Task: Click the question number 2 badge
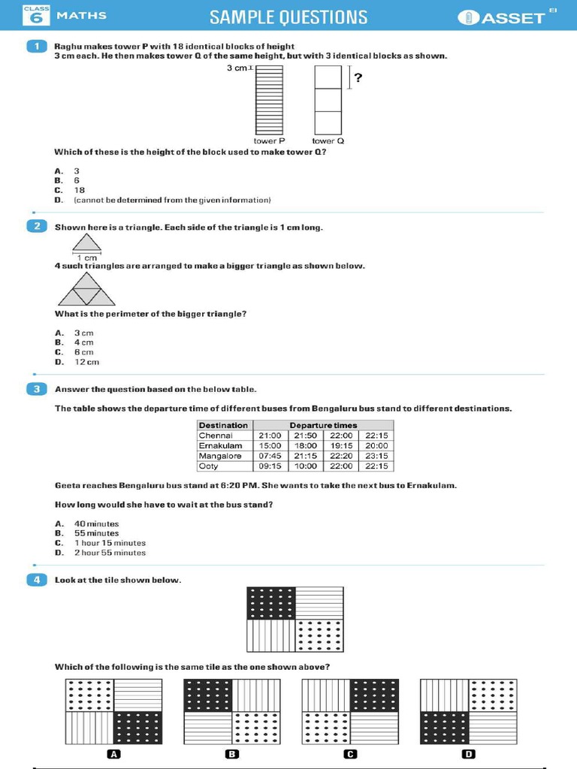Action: (x=36, y=227)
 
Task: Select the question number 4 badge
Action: (x=36, y=580)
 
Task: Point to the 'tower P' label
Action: (x=269, y=140)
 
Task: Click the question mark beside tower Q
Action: (x=358, y=77)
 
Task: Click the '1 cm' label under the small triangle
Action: (x=87, y=258)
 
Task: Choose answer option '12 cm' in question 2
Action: (x=86, y=362)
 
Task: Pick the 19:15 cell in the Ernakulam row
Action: (x=341, y=445)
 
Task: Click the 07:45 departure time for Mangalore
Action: (x=270, y=456)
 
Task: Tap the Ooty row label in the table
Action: (x=208, y=466)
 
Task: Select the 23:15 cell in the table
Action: (x=376, y=456)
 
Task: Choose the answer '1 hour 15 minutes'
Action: (x=110, y=543)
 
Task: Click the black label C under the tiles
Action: (x=349, y=754)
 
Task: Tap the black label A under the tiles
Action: (x=114, y=754)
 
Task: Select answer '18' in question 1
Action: (x=79, y=190)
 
